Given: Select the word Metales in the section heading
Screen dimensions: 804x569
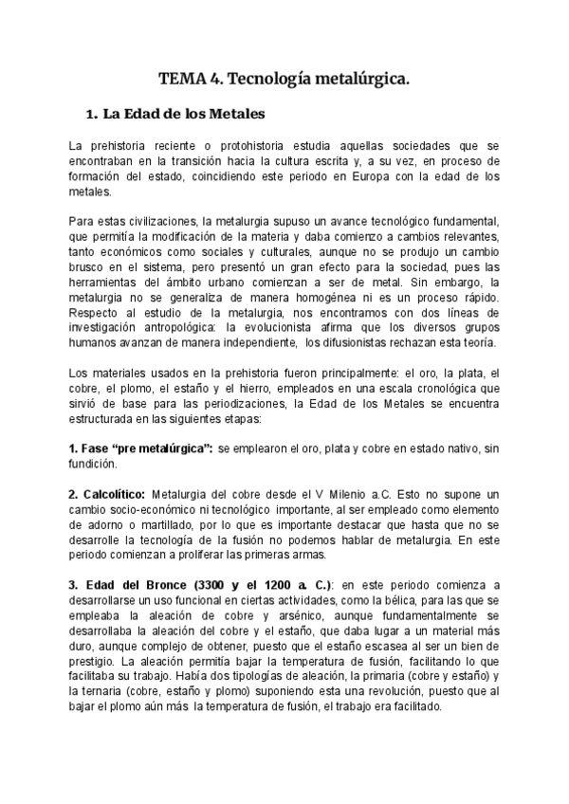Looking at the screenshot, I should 230,114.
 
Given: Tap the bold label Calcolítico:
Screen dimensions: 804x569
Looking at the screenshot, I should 106,495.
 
